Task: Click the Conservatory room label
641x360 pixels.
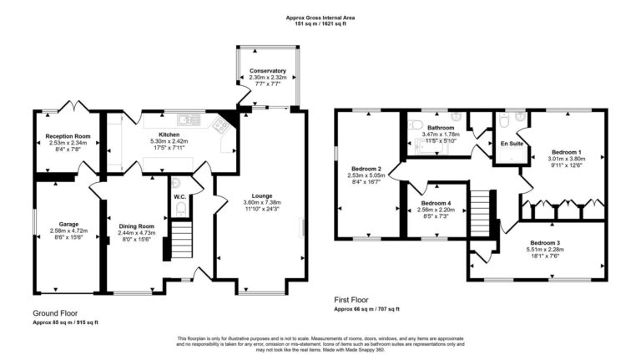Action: tap(267, 72)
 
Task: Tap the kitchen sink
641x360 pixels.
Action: tap(220, 126)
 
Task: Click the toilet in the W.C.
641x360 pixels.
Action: tap(177, 185)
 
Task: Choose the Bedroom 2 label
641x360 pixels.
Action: tap(367, 169)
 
